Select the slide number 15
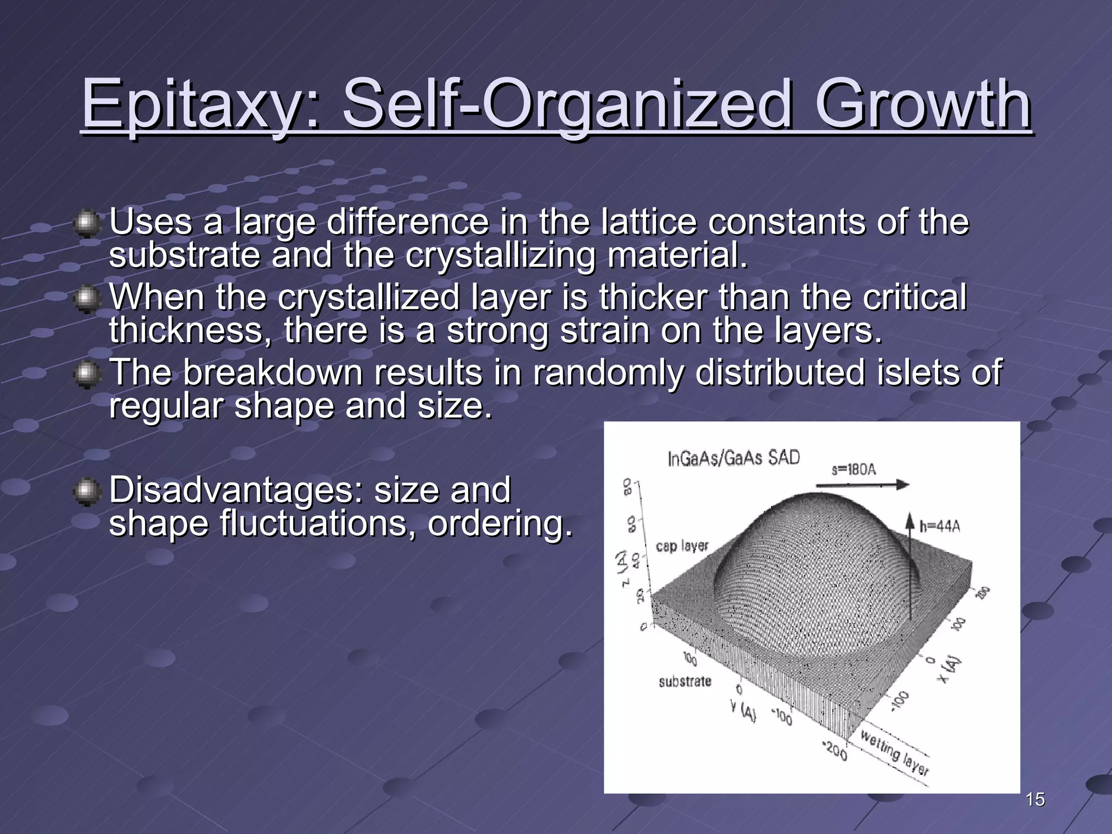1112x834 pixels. (x=1035, y=799)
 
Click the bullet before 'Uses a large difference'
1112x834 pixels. (x=86, y=224)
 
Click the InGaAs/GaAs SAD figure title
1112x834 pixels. (x=734, y=458)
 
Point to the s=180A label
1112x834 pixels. (x=854, y=469)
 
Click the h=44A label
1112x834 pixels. (x=939, y=526)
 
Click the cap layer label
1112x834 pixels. (x=682, y=546)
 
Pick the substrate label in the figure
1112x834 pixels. (x=685, y=681)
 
